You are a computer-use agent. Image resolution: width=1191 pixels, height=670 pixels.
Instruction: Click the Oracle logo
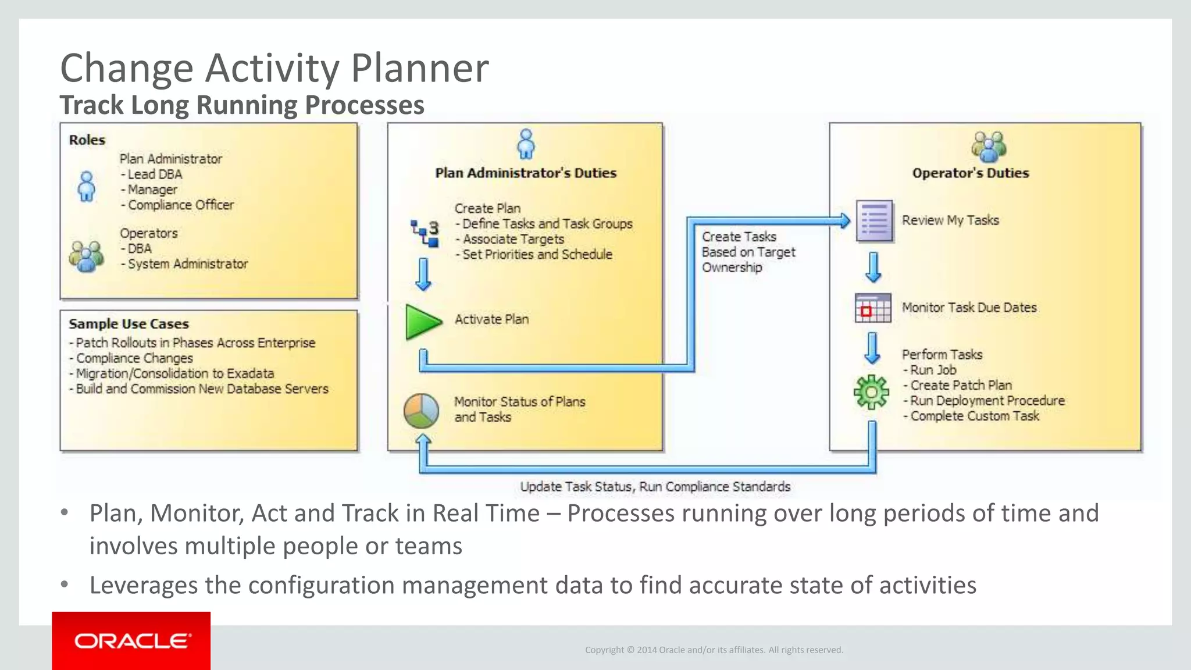[132, 641]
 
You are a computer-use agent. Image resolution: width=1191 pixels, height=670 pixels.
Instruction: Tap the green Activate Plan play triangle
[422, 322]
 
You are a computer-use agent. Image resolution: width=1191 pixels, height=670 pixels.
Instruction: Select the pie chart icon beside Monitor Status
[421, 411]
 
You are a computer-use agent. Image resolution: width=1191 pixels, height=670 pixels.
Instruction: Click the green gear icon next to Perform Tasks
[871, 393]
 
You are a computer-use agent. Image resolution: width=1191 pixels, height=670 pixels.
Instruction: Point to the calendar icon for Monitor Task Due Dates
[872, 308]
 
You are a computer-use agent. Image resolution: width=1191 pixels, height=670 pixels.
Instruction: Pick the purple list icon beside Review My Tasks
[874, 221]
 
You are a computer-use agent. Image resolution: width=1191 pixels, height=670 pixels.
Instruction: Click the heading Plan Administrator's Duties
[526, 173]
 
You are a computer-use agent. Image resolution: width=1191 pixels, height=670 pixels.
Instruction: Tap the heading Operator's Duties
[970, 173]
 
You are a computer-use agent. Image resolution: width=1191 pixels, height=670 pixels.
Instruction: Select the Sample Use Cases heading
[129, 324]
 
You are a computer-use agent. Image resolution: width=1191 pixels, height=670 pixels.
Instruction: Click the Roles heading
[87, 140]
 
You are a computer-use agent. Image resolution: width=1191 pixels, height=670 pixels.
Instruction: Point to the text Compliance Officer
[180, 205]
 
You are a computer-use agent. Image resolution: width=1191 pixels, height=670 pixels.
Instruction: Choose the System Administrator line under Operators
[187, 264]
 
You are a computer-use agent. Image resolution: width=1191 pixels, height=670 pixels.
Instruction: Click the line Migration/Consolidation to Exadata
[174, 373]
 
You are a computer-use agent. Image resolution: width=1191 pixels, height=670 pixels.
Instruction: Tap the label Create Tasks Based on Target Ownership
[748, 252]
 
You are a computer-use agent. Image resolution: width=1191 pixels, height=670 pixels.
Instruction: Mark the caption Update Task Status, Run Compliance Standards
[655, 487]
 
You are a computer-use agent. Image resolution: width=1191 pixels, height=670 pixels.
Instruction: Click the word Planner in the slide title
[419, 69]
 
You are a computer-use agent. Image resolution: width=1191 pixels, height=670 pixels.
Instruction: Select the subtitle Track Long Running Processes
[242, 105]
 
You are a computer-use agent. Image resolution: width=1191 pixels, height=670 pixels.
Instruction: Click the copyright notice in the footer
[714, 650]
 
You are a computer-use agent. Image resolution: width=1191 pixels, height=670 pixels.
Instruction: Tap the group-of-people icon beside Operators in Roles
[86, 256]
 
